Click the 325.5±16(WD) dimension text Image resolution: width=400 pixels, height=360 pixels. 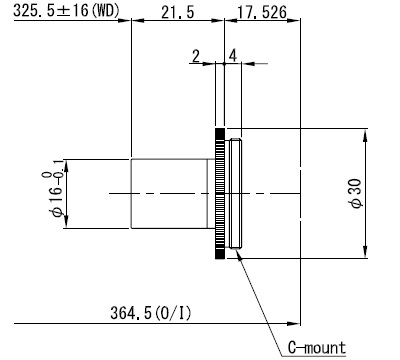(66, 11)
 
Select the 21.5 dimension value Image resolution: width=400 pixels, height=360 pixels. (177, 12)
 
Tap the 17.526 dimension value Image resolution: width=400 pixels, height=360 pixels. (262, 12)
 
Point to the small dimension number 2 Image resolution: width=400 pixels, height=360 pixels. (196, 56)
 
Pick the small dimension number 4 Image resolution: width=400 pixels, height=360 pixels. (233, 56)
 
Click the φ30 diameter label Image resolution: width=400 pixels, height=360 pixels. (356, 193)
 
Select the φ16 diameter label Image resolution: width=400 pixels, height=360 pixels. (56, 201)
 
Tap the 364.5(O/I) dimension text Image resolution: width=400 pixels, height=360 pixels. (151, 313)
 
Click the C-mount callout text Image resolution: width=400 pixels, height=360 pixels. (317, 348)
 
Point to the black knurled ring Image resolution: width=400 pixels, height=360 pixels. (219, 193)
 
